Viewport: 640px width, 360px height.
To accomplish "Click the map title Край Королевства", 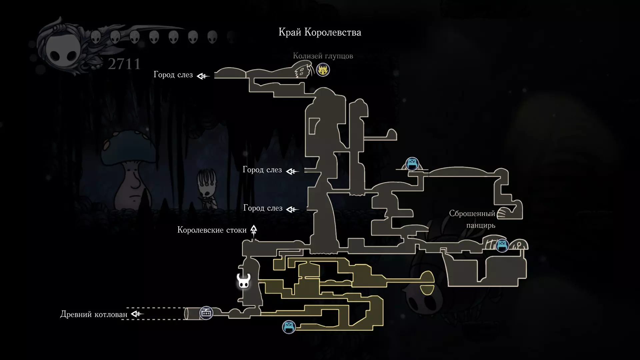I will coord(320,32).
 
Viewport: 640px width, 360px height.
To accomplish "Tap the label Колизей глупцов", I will coord(323,56).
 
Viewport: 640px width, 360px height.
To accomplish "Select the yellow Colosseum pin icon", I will coord(323,70).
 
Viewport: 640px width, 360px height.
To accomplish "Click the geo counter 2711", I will coord(124,64).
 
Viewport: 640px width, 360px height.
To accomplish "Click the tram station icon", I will coord(206,313).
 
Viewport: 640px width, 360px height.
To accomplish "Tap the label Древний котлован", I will coord(94,314).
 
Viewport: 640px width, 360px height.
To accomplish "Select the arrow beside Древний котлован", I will coord(137,314).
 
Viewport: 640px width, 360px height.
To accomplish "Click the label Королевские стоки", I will coord(212,230).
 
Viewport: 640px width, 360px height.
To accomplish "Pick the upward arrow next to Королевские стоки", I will coord(254,230).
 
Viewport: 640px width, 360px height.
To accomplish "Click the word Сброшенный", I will coord(472,214).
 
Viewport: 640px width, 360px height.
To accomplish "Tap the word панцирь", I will coord(481,226).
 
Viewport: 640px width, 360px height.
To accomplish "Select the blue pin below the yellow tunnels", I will coord(289,327).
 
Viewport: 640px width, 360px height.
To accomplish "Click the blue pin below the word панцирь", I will coord(502,246).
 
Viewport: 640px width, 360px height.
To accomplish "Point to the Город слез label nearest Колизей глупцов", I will coord(173,75).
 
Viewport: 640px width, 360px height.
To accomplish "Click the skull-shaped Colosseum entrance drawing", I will coord(302,71).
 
